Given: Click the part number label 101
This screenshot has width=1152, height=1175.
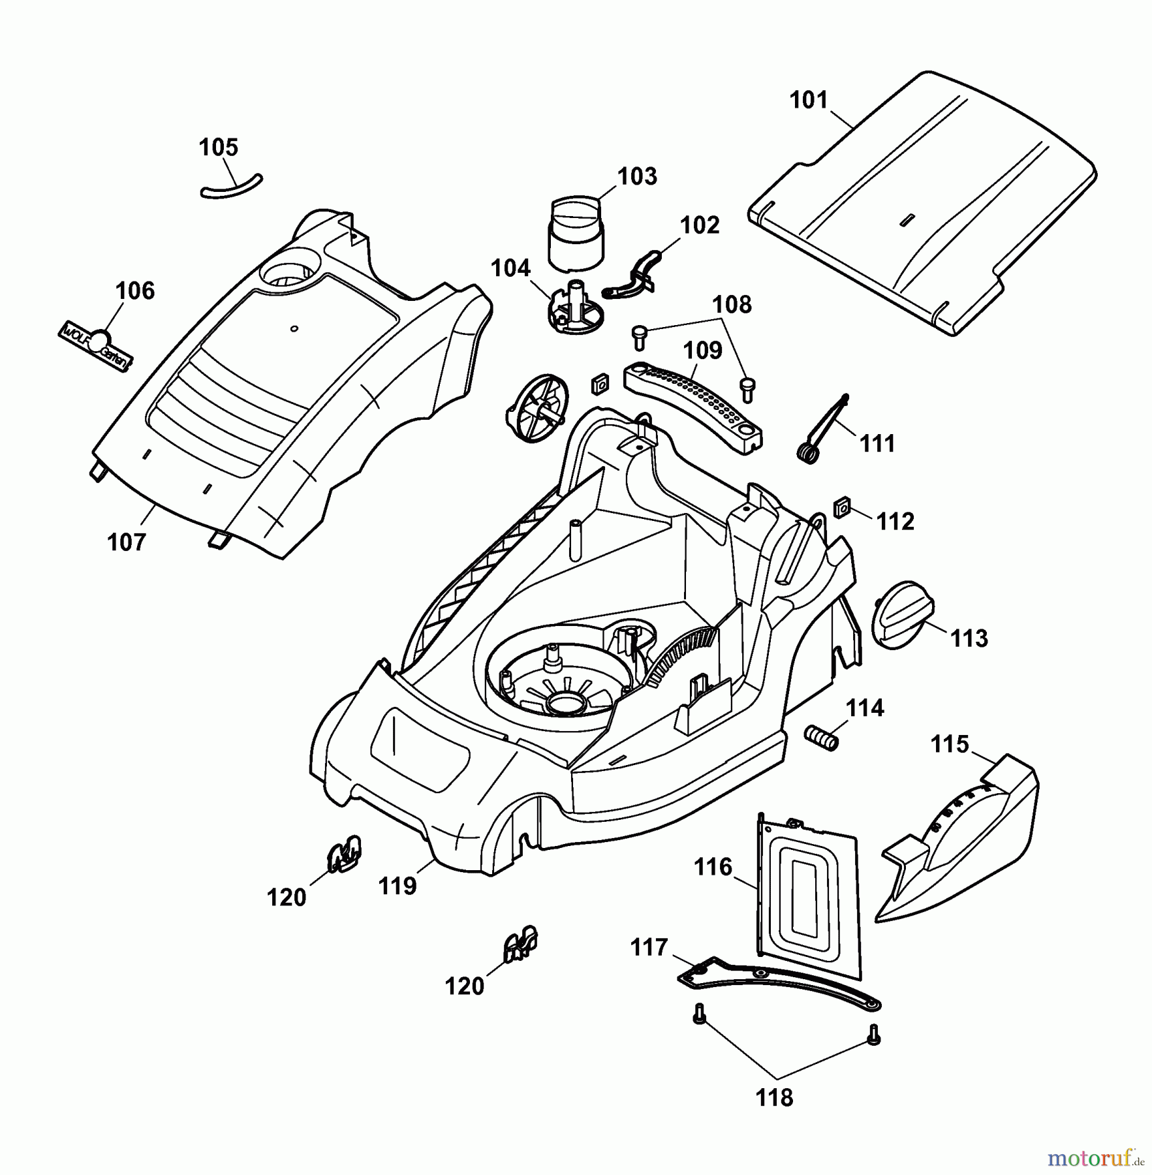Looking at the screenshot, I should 808,100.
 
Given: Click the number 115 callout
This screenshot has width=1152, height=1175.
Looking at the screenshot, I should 950,744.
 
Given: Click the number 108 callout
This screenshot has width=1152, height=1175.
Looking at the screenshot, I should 731,304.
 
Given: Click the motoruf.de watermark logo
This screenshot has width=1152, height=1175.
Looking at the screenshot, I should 1095,1158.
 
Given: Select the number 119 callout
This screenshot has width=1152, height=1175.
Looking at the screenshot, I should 397,886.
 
